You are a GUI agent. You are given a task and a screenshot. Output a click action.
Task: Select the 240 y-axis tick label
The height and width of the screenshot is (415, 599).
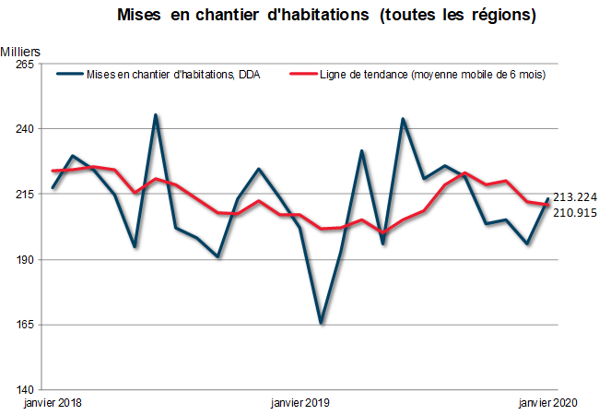click(x=24, y=129)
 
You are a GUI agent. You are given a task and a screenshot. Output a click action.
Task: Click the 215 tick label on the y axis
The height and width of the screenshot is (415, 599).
click(x=24, y=195)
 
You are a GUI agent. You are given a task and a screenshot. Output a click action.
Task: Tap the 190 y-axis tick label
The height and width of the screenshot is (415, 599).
click(x=24, y=260)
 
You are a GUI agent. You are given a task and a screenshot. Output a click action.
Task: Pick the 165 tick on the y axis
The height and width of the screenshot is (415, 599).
click(x=24, y=326)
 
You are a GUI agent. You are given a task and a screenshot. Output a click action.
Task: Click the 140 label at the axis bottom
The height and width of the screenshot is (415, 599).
click(x=24, y=390)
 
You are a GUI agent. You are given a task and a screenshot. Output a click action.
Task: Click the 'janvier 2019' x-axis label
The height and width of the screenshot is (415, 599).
click(x=299, y=403)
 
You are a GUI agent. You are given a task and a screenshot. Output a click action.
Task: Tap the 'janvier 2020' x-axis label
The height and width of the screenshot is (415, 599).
click(x=548, y=403)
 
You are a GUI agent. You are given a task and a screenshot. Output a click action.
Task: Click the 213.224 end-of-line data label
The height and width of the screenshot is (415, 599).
click(x=576, y=196)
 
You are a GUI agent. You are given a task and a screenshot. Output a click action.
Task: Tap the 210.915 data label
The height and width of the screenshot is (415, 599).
click(x=576, y=212)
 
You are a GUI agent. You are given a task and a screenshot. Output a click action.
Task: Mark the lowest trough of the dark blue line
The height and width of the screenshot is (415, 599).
click(x=321, y=323)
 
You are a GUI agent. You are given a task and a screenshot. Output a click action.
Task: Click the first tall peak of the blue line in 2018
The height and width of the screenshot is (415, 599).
click(x=156, y=115)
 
